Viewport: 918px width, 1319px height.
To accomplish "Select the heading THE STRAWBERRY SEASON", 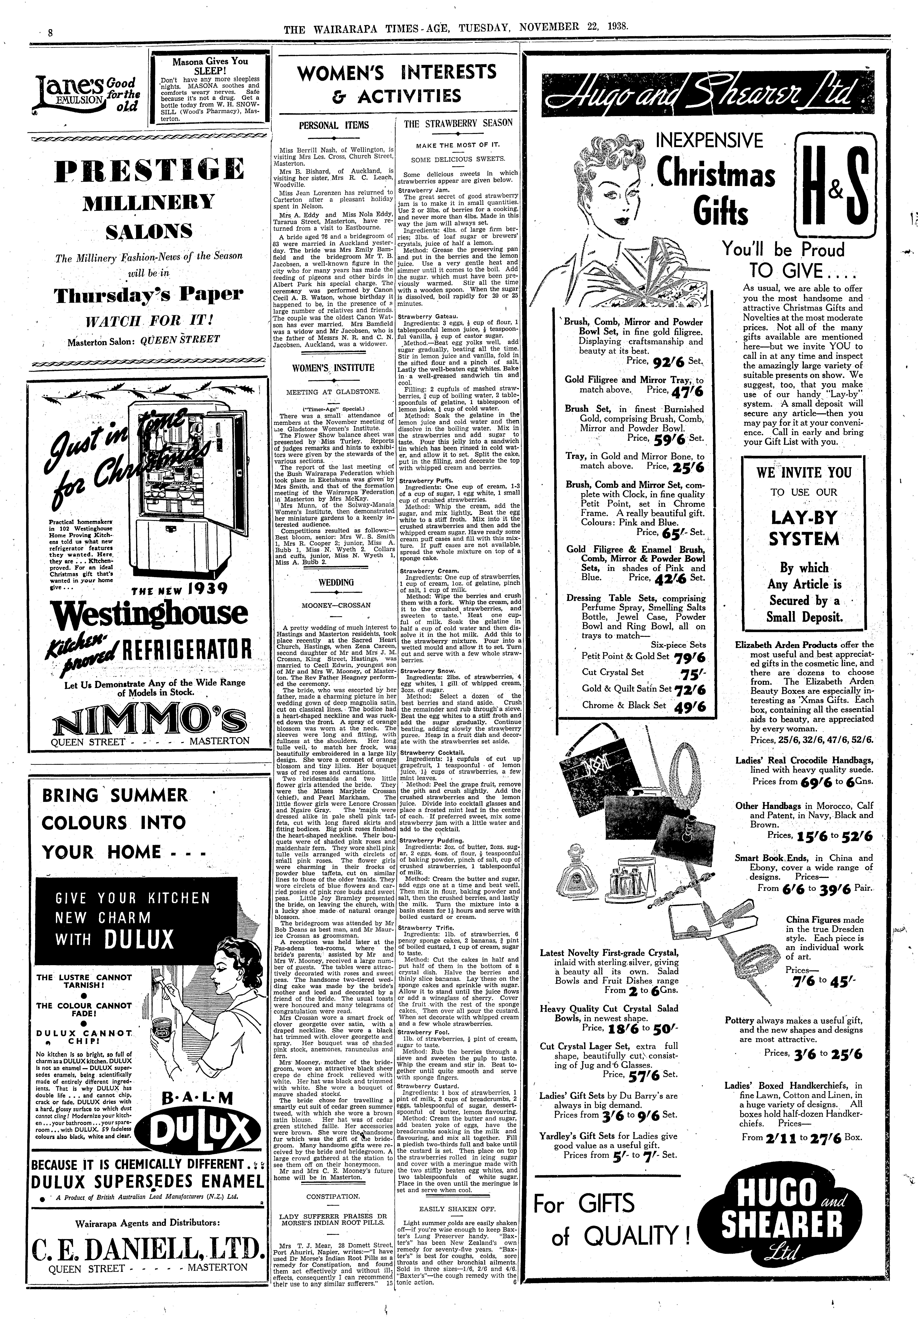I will [x=458, y=123].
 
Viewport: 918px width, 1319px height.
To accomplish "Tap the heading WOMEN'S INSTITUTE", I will [x=333, y=368].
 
